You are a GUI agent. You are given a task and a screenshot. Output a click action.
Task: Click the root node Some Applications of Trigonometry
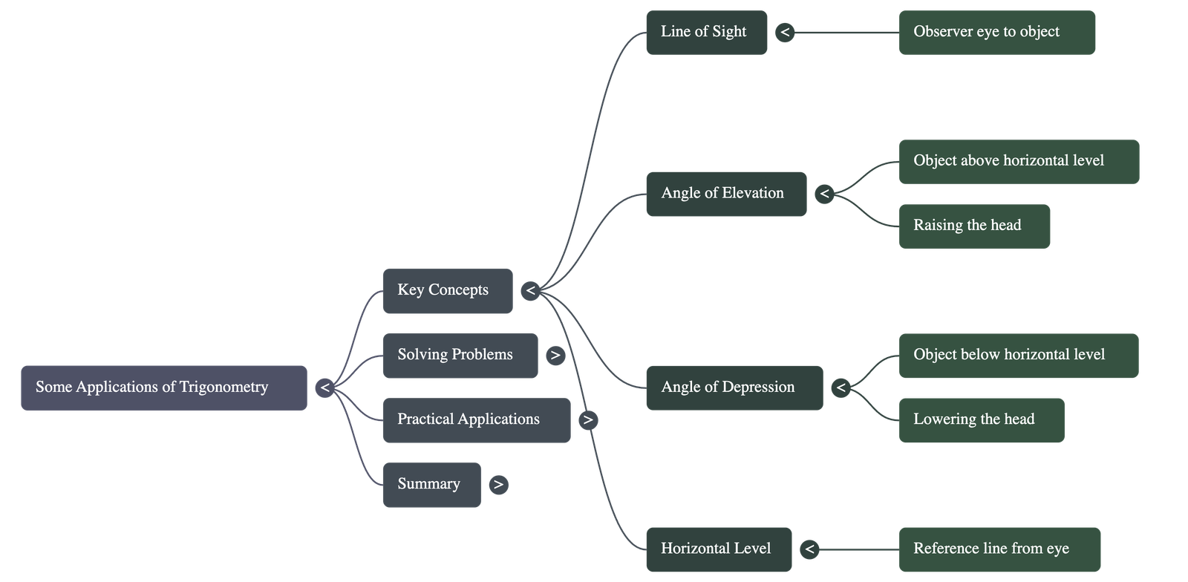pyautogui.click(x=163, y=388)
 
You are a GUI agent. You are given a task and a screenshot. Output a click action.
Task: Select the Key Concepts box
pyautogui.click(x=448, y=290)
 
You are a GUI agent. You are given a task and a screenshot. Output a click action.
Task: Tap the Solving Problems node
pyautogui.click(x=460, y=355)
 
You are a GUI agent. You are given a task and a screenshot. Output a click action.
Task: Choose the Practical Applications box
pyautogui.click(x=476, y=420)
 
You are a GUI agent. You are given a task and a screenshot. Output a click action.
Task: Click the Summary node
pyautogui.click(x=431, y=485)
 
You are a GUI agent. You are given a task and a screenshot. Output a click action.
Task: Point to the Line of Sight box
pyautogui.click(x=706, y=32)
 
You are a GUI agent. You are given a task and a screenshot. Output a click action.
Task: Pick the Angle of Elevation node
pyautogui.click(x=725, y=194)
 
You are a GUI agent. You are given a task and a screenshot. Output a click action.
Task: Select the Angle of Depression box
pyautogui.click(x=734, y=388)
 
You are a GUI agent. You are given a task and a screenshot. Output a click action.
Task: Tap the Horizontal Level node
pyautogui.click(x=718, y=549)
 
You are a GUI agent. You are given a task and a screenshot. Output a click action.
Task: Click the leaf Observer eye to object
pyautogui.click(x=996, y=32)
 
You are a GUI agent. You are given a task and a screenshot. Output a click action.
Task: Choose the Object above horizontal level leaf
pyautogui.click(x=1019, y=161)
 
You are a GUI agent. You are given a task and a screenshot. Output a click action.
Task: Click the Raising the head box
pyautogui.click(x=974, y=226)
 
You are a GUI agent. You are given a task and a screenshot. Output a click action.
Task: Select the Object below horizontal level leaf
pyautogui.click(x=1019, y=355)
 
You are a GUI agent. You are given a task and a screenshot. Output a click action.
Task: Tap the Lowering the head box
pyautogui.click(x=981, y=420)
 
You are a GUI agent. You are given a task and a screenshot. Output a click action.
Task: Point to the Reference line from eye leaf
pyautogui.click(x=999, y=549)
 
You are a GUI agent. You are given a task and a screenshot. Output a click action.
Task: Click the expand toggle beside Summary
pyautogui.click(x=498, y=485)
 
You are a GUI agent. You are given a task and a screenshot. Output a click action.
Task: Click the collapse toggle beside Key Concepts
pyautogui.click(x=529, y=290)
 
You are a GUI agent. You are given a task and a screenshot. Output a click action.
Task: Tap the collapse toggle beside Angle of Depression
pyautogui.click(x=840, y=388)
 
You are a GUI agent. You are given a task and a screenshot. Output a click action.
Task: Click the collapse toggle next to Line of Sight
pyautogui.click(x=784, y=32)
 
